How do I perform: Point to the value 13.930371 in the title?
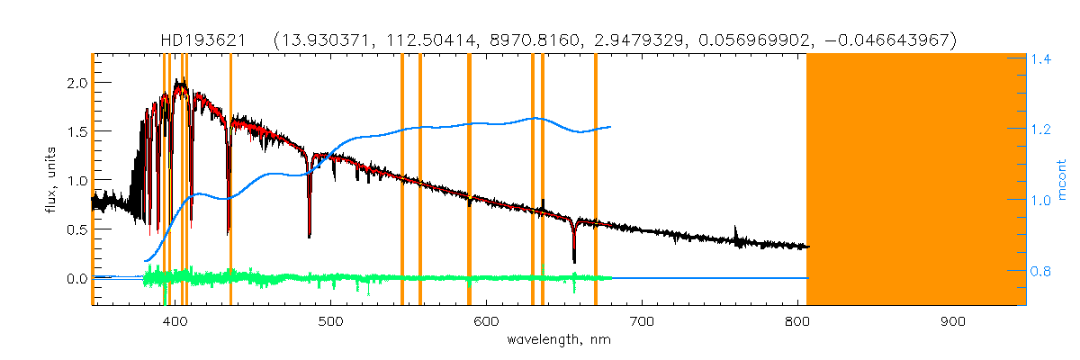(321, 40)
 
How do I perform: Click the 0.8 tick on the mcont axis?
(1042, 270)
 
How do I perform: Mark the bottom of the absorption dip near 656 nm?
(574, 261)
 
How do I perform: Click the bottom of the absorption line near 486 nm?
(310, 236)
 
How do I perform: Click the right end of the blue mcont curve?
(611, 127)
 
